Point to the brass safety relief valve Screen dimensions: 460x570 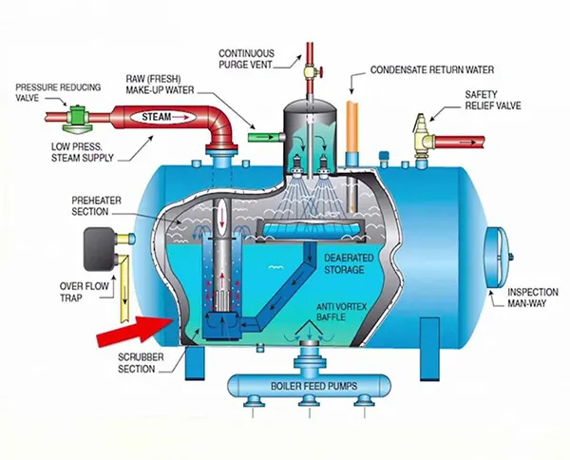tap(425, 130)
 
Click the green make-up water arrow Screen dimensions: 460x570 tap(255, 137)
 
